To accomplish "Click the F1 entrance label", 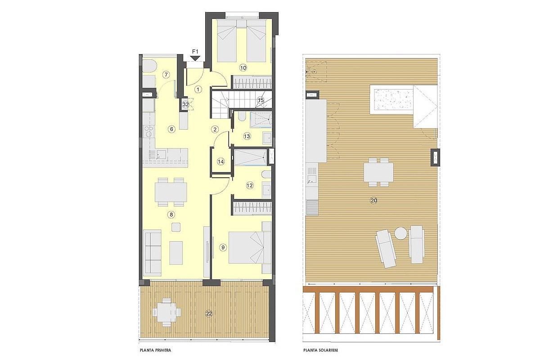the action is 195,52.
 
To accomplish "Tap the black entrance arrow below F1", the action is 195,58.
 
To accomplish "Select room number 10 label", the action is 243,68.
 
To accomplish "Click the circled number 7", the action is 166,75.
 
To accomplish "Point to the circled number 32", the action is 185,105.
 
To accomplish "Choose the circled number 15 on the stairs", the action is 261,100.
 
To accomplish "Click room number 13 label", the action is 247,136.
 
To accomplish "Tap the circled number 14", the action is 220,162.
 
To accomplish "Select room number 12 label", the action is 250,185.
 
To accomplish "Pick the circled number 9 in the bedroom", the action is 223,247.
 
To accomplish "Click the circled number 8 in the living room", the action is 171,215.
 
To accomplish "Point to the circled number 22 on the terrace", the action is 209,314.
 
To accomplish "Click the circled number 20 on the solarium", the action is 373,201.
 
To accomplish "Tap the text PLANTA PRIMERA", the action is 156,350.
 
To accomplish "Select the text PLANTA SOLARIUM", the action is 320,350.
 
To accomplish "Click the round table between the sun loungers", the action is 401,234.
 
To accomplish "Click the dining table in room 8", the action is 171,192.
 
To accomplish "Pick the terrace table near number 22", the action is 166,313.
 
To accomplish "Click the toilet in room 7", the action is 149,66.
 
